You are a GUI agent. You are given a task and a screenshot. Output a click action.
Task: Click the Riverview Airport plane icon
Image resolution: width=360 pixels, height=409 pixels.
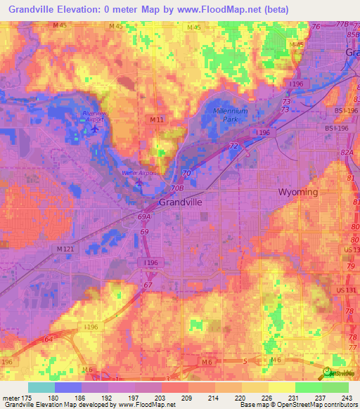tap(96, 127)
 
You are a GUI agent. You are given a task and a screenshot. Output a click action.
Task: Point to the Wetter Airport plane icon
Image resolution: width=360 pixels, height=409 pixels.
tap(139, 184)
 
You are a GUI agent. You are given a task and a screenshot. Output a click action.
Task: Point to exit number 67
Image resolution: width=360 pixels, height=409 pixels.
tap(148, 285)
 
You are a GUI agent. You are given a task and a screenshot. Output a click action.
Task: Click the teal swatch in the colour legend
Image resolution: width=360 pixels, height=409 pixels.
tap(41, 387)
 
